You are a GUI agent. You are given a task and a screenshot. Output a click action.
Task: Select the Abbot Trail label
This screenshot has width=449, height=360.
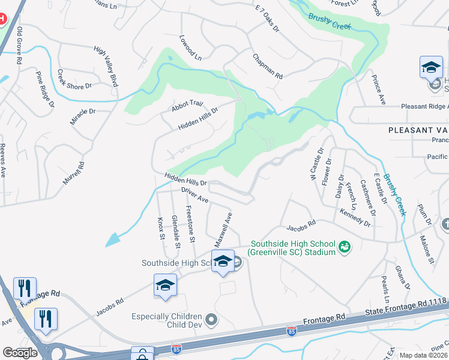[x=188, y=104]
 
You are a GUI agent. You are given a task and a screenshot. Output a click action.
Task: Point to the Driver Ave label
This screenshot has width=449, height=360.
[x=194, y=194]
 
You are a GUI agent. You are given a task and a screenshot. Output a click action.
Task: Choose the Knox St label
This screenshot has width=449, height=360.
[x=161, y=229]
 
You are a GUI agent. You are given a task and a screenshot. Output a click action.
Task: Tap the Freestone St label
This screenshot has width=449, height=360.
[x=190, y=224]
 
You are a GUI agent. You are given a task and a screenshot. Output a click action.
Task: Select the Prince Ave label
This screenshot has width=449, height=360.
[x=378, y=91]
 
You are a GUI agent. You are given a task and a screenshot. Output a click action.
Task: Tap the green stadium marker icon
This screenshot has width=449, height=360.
[x=345, y=246]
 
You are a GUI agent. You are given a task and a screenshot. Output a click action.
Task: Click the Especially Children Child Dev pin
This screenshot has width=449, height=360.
[x=211, y=320]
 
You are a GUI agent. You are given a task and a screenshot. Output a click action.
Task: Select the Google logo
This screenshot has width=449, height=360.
[x=20, y=352]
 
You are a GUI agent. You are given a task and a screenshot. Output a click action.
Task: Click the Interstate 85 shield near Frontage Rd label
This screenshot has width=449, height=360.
[x=291, y=331]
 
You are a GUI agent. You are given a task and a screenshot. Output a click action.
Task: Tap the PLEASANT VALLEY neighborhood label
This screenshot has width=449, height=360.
[x=418, y=130]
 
